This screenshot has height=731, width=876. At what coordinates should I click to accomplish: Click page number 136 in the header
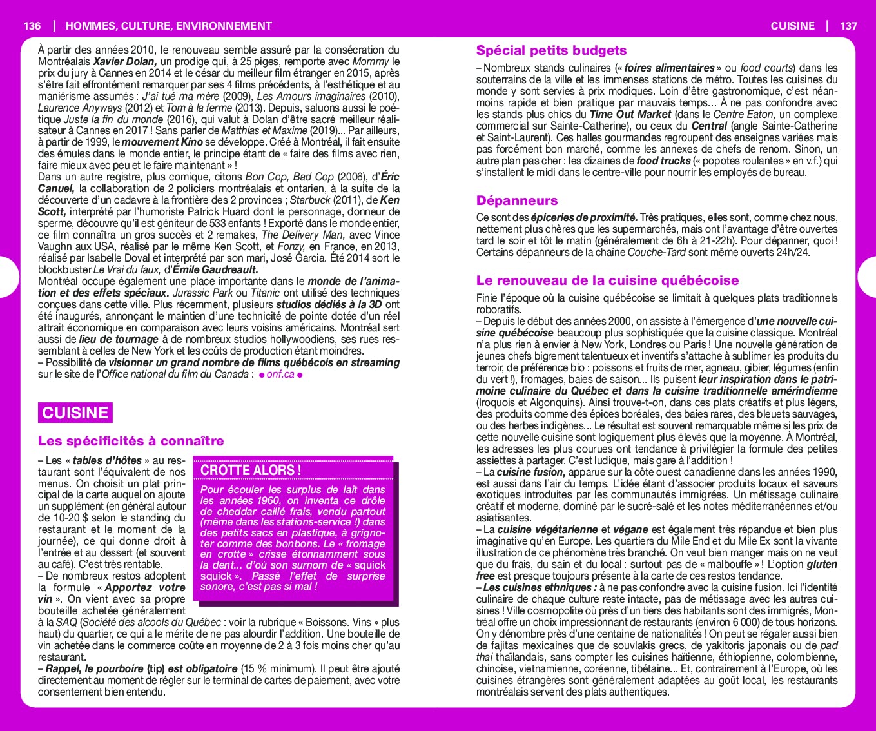pos(32,26)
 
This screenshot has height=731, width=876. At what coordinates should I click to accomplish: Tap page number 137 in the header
pos(848,26)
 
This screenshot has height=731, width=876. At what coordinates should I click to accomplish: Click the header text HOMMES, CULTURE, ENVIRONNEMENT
pos(169,26)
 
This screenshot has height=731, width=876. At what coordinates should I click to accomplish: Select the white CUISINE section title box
pos(75,413)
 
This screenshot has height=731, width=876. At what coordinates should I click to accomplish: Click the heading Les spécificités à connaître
pos(131,441)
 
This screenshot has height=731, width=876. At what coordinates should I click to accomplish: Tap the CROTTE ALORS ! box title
pos(251,470)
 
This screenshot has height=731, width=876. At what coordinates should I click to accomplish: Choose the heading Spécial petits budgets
pos(551,50)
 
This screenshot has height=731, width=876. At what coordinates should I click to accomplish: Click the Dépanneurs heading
pos(517,200)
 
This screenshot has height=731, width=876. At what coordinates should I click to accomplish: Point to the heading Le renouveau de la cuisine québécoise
pos(607,280)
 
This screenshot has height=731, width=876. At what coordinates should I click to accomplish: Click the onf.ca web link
pos(280,375)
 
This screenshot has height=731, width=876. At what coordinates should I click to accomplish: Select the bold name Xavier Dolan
pos(124,62)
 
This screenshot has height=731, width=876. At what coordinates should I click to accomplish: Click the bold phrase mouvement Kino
pos(162,142)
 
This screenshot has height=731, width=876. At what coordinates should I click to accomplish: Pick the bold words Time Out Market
pos(630,115)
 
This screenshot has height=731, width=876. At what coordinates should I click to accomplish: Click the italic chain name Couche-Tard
pos(657,253)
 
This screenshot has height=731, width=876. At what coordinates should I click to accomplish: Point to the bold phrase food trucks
pos(663,161)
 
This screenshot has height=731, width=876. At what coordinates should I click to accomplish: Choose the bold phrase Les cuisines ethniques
pos(539,588)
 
